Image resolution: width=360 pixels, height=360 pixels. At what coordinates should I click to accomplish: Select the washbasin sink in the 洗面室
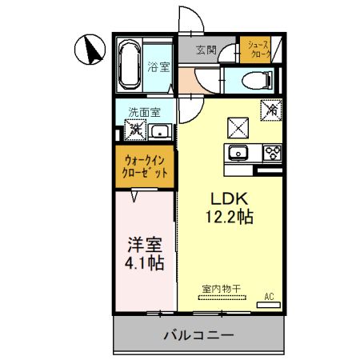pyautogui.click(x=159, y=131)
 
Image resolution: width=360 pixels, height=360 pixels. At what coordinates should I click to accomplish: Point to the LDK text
pyautogui.click(x=227, y=199)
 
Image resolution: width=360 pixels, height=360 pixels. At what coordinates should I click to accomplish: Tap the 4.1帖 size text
pyautogui.click(x=144, y=262)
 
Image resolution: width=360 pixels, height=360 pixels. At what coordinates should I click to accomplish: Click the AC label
pyautogui.click(x=269, y=297)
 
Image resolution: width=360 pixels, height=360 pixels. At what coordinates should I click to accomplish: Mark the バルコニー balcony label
pyautogui.click(x=199, y=334)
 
